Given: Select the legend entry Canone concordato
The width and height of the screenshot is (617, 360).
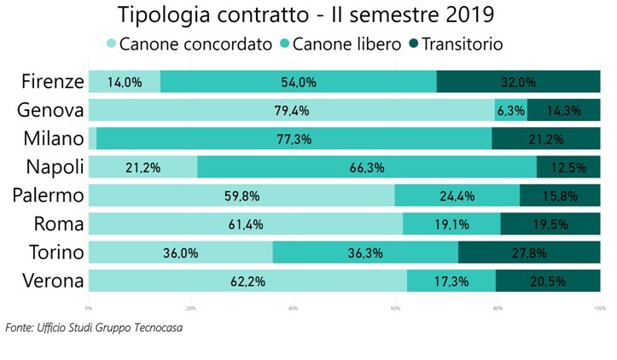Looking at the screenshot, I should [189, 44].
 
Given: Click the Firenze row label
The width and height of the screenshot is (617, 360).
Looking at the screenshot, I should [52, 82].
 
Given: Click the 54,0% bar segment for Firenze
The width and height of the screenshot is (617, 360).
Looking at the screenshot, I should [298, 82].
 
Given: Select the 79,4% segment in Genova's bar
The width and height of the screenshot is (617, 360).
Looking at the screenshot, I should [291, 110].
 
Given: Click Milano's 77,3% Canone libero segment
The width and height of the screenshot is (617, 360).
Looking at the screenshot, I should [294, 138].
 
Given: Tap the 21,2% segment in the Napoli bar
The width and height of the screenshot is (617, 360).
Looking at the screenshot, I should [143, 167].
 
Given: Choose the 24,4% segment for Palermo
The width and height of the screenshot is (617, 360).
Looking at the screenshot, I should [457, 195].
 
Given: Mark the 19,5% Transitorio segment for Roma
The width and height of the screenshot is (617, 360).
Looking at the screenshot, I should [550, 224].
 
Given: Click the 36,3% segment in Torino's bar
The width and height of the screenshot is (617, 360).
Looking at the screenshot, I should [365, 253].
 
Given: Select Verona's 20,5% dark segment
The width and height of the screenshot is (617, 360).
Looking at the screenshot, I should [547, 281].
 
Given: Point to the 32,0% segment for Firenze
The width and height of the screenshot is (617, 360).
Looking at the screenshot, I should [518, 82].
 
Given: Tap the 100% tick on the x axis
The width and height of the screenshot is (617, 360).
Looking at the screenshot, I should [599, 307].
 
